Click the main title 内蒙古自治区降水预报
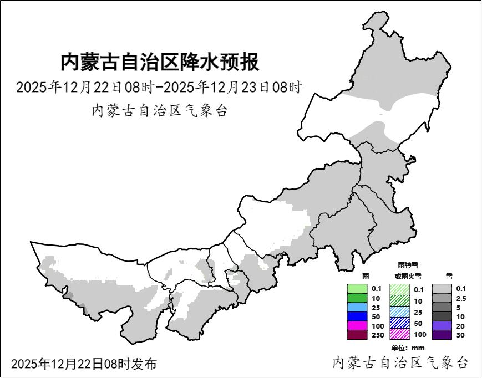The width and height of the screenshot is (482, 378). click(x=160, y=62)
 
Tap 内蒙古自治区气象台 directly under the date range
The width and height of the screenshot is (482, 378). click(x=159, y=110)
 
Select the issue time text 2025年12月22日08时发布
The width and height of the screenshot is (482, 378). click(x=84, y=364)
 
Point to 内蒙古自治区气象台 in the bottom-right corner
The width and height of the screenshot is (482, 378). click(x=400, y=362)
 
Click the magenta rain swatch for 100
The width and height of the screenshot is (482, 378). click(x=357, y=325)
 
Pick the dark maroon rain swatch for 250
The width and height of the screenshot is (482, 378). click(x=357, y=335)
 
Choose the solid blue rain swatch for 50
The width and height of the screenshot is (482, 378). click(x=357, y=316)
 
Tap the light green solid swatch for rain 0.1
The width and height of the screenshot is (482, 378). click(x=357, y=289)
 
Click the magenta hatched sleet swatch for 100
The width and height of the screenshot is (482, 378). click(x=399, y=334)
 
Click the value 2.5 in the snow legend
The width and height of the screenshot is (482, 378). click(x=460, y=298)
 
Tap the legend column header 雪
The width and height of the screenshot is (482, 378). click(x=448, y=275)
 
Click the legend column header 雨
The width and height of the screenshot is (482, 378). click(x=365, y=275)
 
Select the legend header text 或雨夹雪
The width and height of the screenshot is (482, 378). click(x=408, y=276)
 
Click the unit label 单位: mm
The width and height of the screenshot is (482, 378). click(x=408, y=348)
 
